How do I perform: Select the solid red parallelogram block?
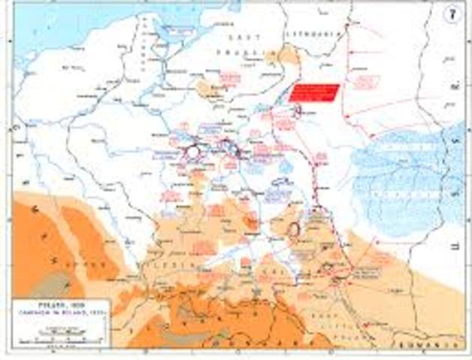[x=314, y=93]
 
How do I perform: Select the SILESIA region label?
[x=182, y=264]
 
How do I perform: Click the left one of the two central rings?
[x=193, y=151]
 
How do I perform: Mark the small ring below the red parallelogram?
[x=298, y=111]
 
